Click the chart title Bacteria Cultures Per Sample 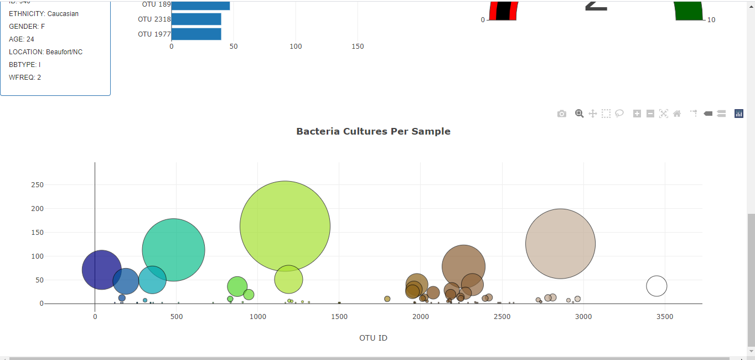pyautogui.click(x=373, y=131)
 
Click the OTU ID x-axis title pyautogui.click(x=373, y=338)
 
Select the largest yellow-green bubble pyautogui.click(x=285, y=226)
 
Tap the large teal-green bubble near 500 pyautogui.click(x=173, y=250)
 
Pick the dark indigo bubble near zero pyautogui.click(x=101, y=270)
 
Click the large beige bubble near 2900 pyautogui.click(x=560, y=244)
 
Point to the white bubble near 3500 pyautogui.click(x=656, y=286)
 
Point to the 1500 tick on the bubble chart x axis pyautogui.click(x=339, y=317)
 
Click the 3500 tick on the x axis pyautogui.click(x=664, y=317)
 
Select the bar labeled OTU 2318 pyautogui.click(x=196, y=19)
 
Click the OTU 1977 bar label pyautogui.click(x=154, y=34)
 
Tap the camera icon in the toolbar pyautogui.click(x=562, y=114)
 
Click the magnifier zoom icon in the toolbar pyautogui.click(x=579, y=114)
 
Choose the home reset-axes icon pyautogui.click(x=677, y=114)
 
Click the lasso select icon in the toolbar pyautogui.click(x=619, y=114)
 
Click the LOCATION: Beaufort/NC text pyautogui.click(x=45, y=52)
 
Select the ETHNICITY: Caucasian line pyautogui.click(x=44, y=14)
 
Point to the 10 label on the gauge pyautogui.click(x=711, y=20)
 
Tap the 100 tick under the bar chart pyautogui.click(x=296, y=47)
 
